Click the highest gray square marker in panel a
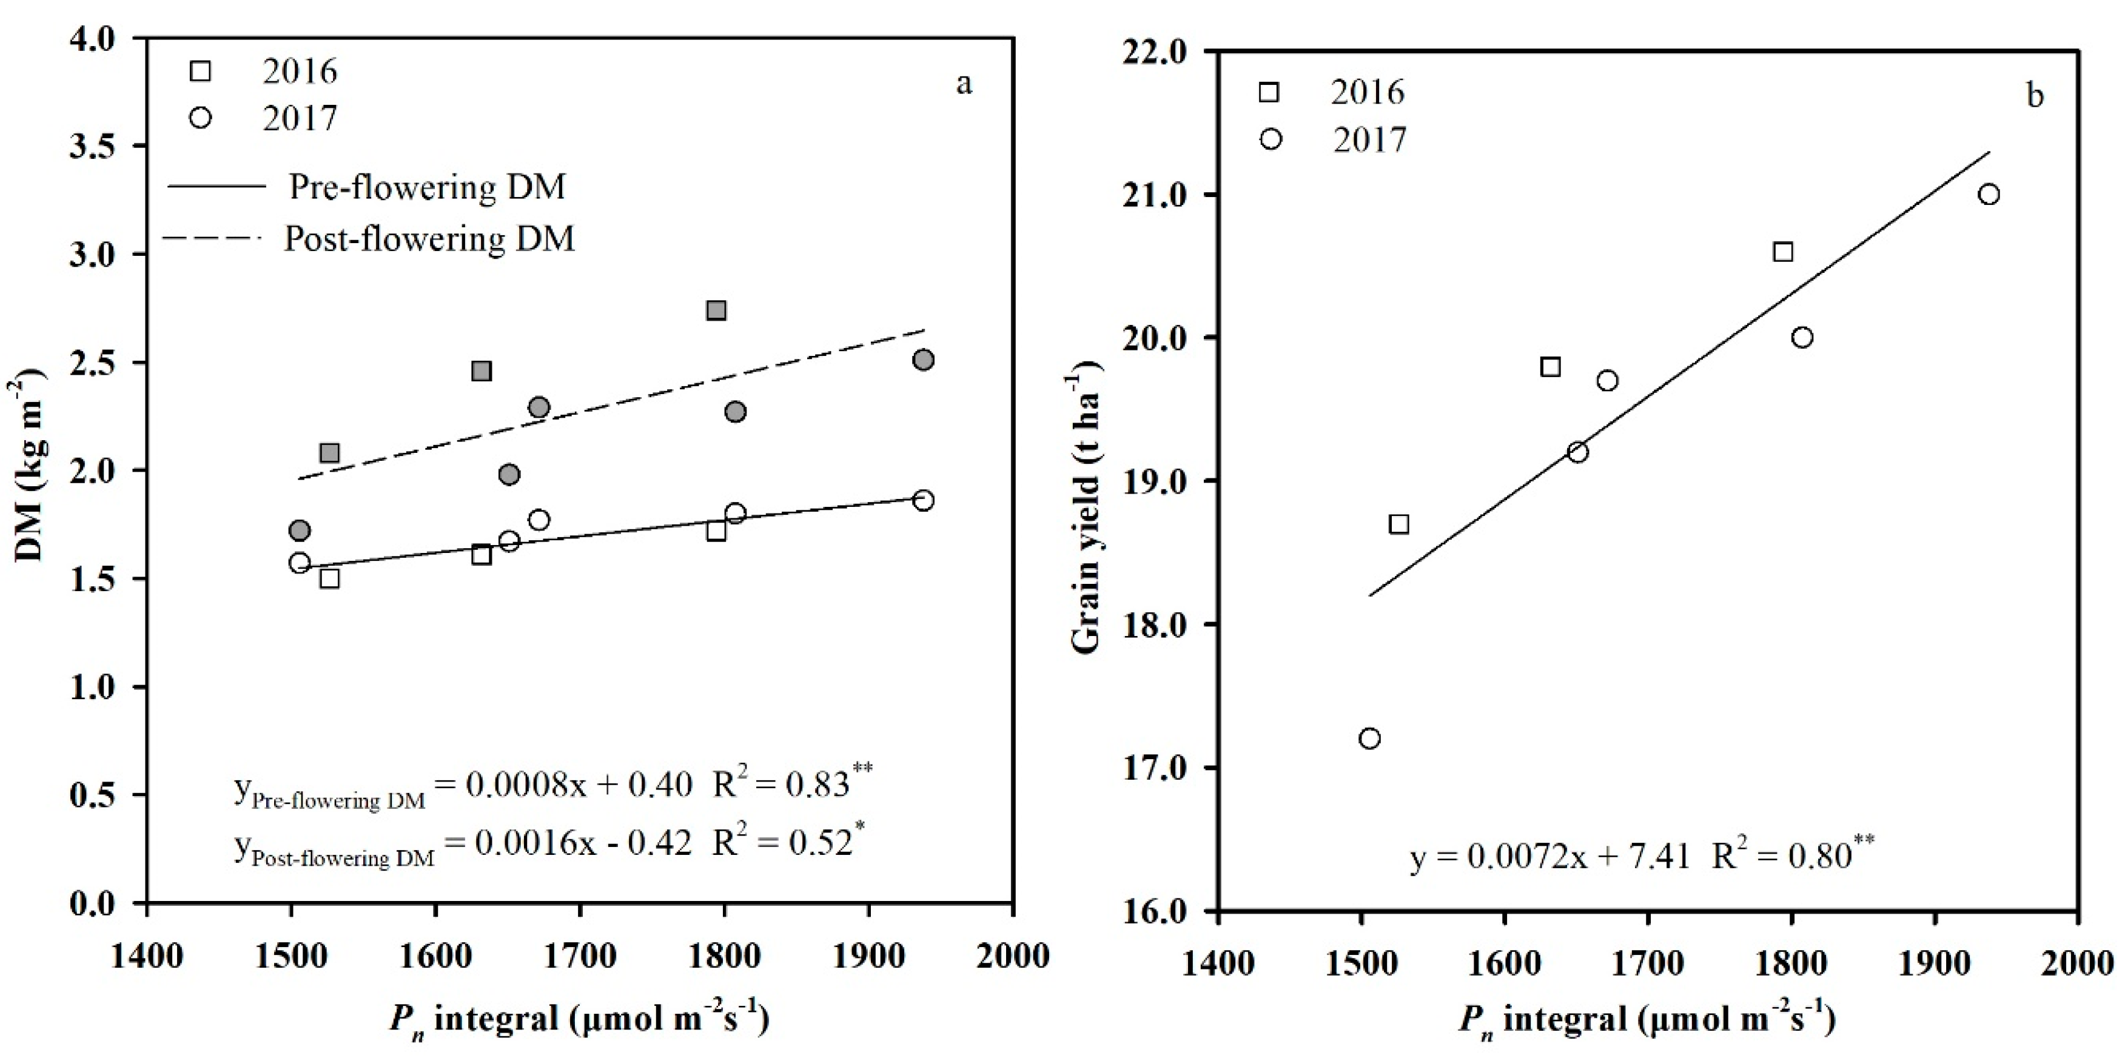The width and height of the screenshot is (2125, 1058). click(716, 310)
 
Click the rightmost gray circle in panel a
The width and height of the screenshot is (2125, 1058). click(923, 360)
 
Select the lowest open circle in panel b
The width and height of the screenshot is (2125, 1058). click(1369, 738)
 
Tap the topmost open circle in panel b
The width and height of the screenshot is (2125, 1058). click(1989, 195)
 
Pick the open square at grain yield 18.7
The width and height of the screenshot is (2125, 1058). click(1398, 524)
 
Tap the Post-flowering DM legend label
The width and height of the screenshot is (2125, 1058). click(429, 238)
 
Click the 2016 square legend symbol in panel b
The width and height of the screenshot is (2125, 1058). click(1269, 92)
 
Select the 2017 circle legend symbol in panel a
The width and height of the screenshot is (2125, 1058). click(201, 118)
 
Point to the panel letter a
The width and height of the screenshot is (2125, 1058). click(964, 84)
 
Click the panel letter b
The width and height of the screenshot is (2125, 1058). click(2035, 96)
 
